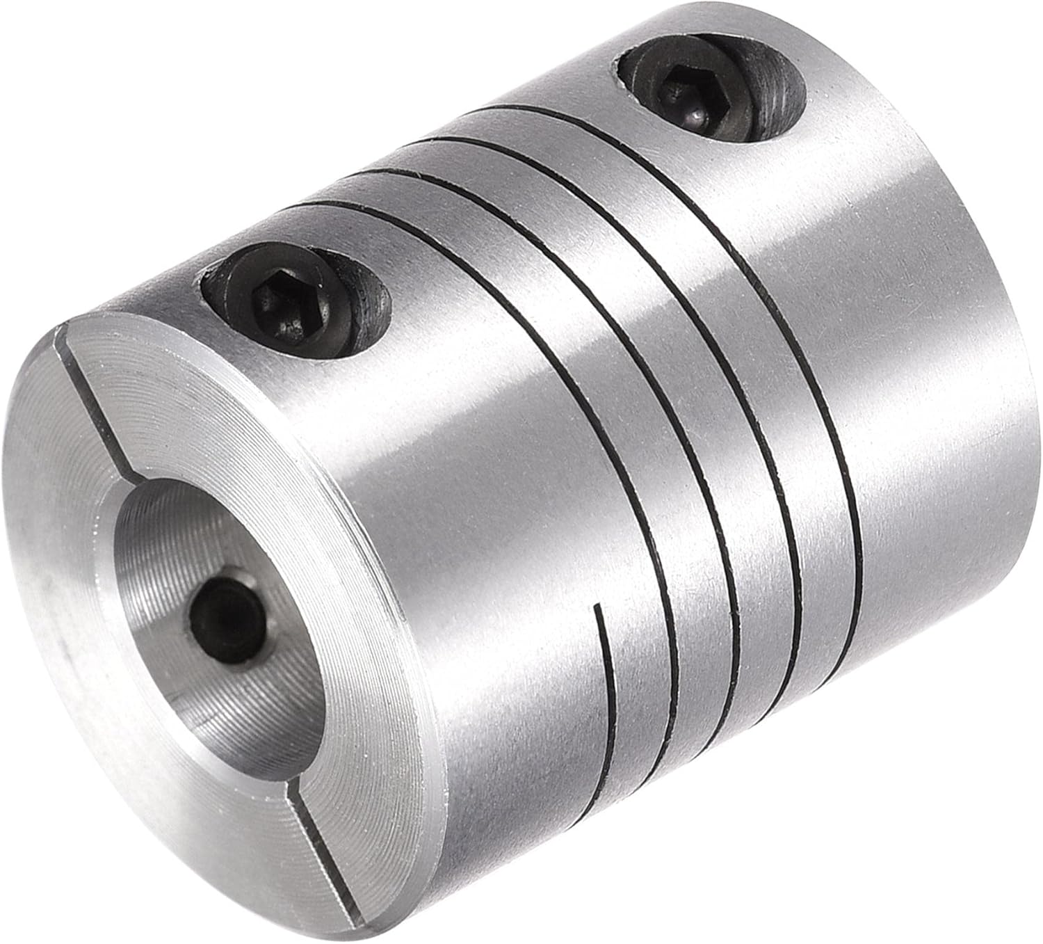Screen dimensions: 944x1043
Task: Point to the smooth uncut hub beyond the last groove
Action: [939, 348]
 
